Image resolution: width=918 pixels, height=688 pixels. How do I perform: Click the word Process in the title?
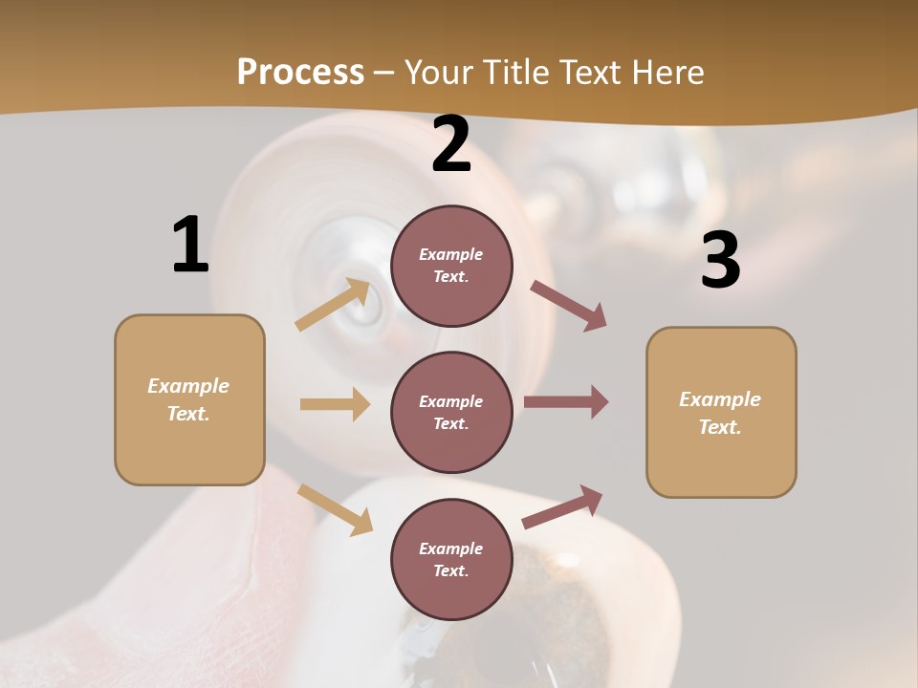300,72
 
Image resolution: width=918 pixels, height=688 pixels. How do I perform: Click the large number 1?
190,245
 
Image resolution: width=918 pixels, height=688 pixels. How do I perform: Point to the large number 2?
451,144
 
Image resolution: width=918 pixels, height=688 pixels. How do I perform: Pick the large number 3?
720,261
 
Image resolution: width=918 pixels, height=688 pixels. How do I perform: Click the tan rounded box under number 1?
189,399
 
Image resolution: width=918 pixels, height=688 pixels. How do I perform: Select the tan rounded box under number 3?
721,413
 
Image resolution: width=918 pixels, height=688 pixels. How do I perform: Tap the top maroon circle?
451,266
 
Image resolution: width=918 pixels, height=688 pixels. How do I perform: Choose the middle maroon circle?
451,412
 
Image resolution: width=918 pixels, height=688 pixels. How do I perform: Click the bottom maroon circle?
451,559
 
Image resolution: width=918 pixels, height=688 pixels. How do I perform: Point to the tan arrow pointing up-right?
333,304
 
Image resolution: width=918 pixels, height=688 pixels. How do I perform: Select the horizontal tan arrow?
335,404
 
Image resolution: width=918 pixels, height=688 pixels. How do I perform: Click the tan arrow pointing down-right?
336,509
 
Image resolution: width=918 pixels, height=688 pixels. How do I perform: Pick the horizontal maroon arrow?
566,402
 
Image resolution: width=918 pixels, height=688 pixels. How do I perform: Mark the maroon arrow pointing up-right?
563,506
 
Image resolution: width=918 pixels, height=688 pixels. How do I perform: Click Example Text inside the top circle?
451,266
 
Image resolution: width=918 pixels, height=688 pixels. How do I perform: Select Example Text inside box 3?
720,413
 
